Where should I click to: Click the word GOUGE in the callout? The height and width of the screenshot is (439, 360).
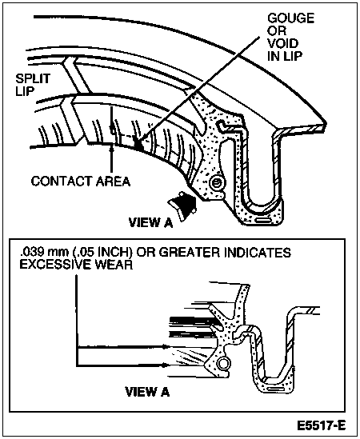[290, 18]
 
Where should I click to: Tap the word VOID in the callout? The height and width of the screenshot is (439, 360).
[282, 43]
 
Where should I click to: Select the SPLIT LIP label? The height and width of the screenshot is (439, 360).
[33, 85]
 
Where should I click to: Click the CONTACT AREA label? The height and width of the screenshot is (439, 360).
[81, 182]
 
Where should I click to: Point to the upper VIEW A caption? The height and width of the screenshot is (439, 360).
[150, 223]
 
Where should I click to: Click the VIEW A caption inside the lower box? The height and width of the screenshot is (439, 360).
[147, 392]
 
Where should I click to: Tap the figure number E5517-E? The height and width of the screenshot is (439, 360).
[322, 426]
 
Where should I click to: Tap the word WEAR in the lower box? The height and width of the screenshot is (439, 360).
[114, 265]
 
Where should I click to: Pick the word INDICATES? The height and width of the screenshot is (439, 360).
[257, 252]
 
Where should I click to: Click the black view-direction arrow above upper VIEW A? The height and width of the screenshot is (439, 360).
[182, 205]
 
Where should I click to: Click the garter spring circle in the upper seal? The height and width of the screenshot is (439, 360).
[216, 184]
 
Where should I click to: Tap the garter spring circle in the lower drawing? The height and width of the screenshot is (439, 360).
[223, 364]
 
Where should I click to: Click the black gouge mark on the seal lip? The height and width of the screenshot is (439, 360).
[138, 144]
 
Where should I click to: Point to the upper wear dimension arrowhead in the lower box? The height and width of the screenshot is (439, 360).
[166, 347]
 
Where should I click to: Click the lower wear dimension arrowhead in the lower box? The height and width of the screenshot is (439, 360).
[166, 365]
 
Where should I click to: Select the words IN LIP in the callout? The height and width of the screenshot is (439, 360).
[285, 56]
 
